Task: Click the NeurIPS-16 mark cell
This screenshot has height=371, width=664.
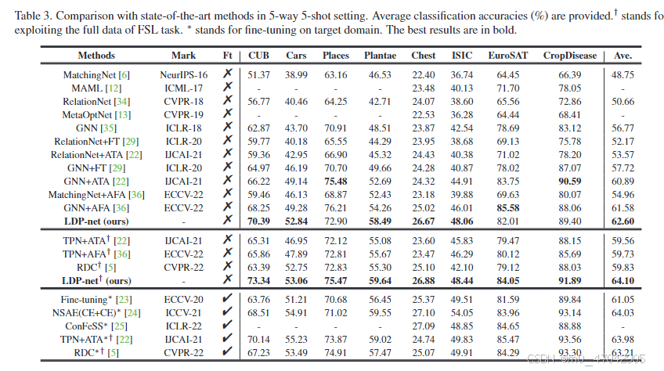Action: (184, 74)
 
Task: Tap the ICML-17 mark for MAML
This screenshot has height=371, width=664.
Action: (184, 88)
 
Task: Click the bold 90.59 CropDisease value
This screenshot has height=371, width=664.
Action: (569, 181)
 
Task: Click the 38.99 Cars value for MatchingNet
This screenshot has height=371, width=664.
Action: (296, 74)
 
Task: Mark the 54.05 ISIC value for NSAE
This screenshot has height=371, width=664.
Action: (462, 312)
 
